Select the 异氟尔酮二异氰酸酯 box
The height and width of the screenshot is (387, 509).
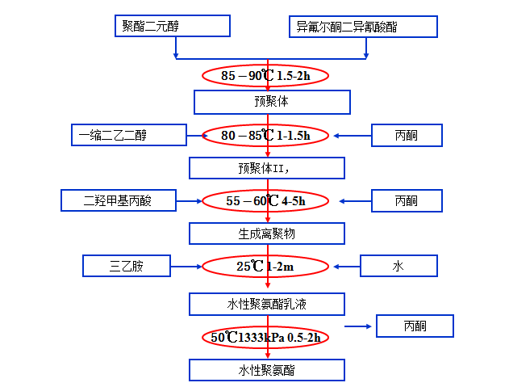click(362, 27)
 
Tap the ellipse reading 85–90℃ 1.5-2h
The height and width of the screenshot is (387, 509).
click(266, 76)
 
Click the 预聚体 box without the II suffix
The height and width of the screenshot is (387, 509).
click(272, 103)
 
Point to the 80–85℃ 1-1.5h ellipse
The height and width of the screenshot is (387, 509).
click(266, 135)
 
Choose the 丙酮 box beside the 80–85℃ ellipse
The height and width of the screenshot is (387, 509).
click(407, 135)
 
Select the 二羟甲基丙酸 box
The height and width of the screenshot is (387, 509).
click(119, 200)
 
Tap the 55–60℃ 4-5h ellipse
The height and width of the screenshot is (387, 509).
click(266, 200)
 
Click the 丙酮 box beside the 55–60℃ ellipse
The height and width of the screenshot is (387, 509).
click(407, 200)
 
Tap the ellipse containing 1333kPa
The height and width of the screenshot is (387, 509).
click(266, 337)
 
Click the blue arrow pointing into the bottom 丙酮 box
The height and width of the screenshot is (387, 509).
click(360, 326)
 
